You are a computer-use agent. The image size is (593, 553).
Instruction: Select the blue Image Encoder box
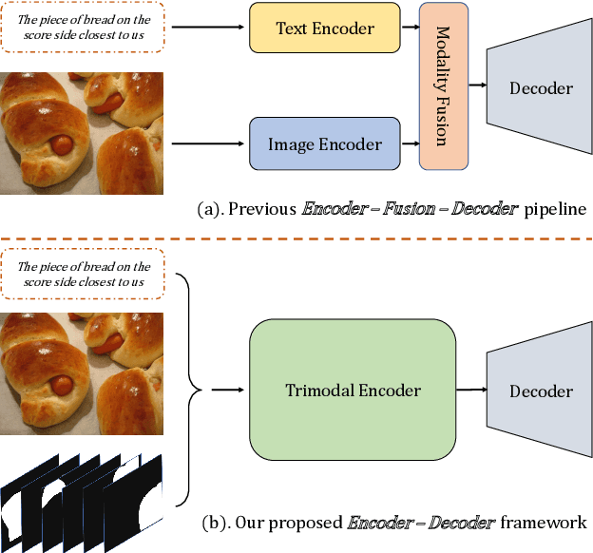(x=324, y=144)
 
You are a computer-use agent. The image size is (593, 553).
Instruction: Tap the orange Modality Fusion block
(x=443, y=86)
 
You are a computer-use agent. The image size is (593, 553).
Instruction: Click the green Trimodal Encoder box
(x=353, y=390)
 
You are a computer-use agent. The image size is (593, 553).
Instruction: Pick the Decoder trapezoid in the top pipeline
(x=540, y=88)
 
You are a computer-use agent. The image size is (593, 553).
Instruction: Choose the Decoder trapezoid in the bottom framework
(x=540, y=391)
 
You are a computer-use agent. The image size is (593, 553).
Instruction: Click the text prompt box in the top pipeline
(x=82, y=28)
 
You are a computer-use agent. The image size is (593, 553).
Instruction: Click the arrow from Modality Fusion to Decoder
(x=478, y=87)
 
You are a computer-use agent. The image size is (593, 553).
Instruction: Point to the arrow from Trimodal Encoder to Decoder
(x=469, y=390)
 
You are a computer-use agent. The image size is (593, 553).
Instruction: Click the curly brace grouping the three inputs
(x=195, y=390)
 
